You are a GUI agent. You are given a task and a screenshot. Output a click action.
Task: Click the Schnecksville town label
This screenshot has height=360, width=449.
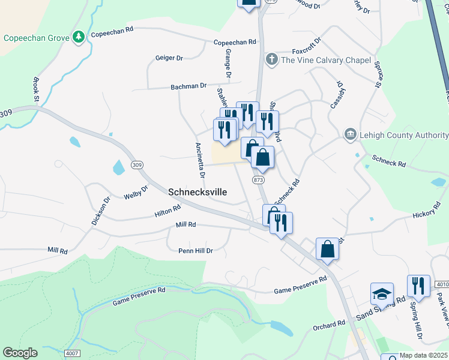[198, 192]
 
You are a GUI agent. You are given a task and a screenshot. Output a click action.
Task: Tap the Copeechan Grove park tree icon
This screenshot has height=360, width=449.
[78, 37]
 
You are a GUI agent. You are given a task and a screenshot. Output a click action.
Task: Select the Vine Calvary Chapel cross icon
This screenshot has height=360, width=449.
[271, 59]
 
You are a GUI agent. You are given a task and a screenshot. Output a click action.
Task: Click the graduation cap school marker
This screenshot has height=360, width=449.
[382, 294]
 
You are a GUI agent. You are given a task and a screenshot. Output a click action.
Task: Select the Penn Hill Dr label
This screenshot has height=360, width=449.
[196, 251]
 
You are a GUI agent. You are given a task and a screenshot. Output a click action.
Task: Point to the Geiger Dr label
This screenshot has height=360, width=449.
[169, 58]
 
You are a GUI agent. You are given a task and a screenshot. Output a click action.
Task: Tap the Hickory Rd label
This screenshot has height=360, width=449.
[427, 214]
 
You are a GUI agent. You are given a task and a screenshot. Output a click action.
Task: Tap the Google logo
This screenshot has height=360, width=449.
[20, 353]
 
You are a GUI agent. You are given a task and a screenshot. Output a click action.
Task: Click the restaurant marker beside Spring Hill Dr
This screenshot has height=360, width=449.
[418, 286]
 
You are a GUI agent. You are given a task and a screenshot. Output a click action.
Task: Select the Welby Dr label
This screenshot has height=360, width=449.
[136, 193]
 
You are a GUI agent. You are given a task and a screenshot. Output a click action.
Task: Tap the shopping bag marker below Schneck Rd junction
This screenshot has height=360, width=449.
[328, 248]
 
